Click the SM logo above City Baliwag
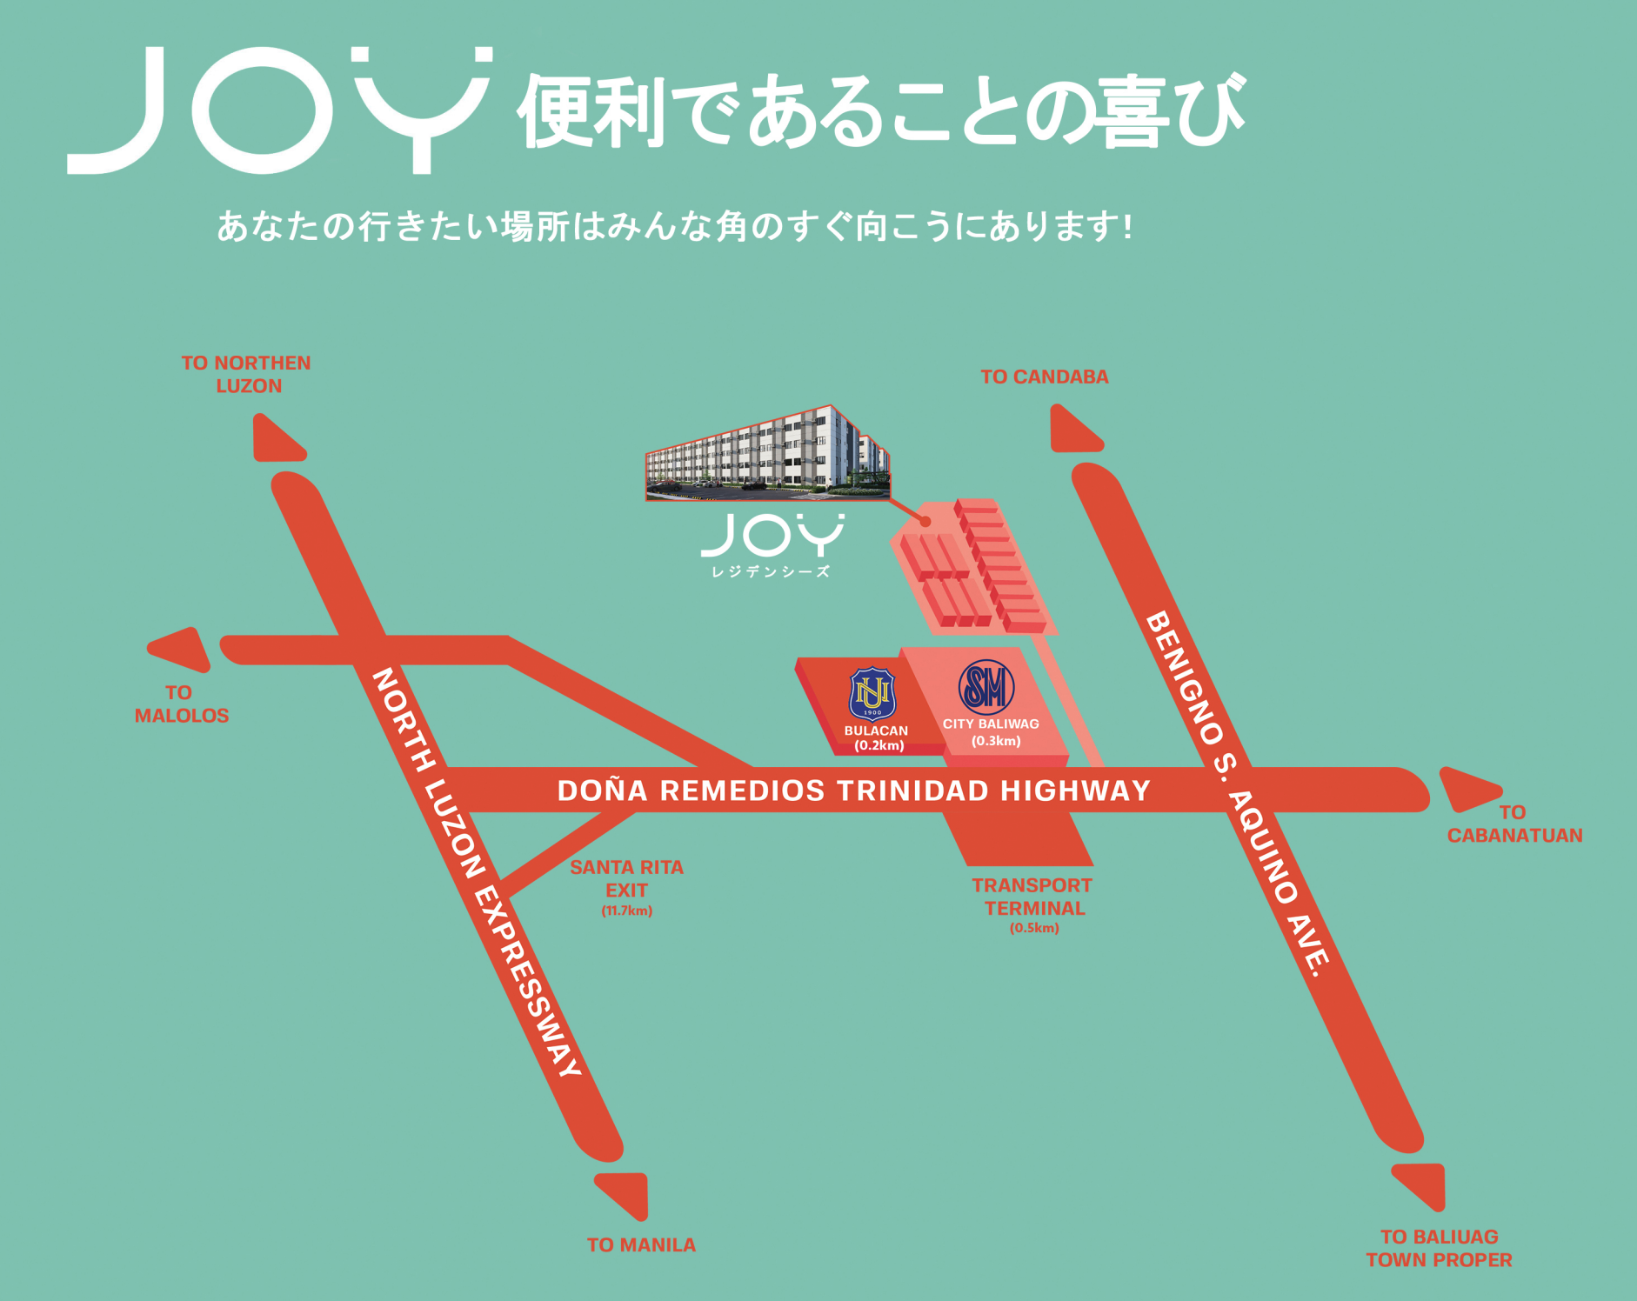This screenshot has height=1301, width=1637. pos(986,687)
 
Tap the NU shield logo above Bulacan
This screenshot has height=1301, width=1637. pos(872,694)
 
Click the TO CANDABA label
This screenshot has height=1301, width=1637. pos(1044,377)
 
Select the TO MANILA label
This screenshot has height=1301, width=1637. pos(641,1244)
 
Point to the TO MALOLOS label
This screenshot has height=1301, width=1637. pos(181,704)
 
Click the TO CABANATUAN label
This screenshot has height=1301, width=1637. pos(1514,824)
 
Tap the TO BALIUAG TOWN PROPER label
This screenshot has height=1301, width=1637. pos(1439,1248)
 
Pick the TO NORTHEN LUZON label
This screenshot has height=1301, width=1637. pos(246,374)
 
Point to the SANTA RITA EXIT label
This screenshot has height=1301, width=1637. pos(626,878)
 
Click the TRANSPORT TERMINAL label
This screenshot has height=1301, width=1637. pos(1032,897)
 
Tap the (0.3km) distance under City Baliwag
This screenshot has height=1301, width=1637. pos(996,741)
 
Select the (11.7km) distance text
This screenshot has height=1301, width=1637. pos(626,911)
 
